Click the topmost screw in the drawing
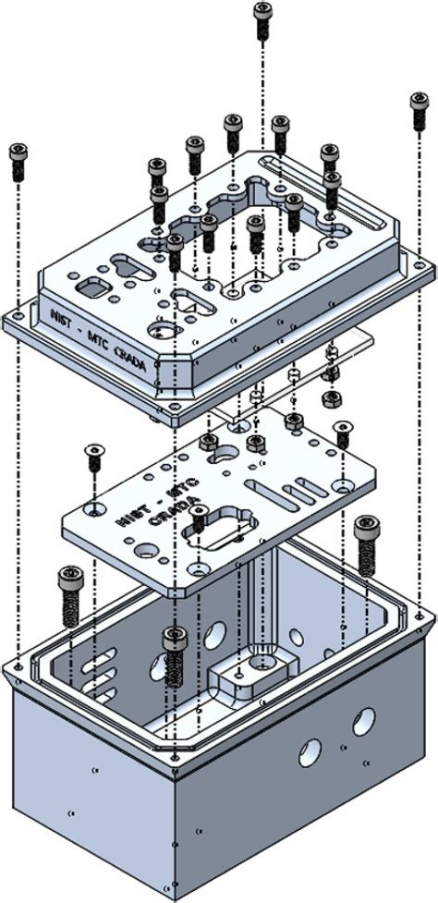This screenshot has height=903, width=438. pos(262,18)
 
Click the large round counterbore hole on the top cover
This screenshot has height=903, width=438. pos(163,330)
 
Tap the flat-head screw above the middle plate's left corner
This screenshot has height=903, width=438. pos(92,455)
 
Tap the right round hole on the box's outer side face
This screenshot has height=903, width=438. pos(364,718)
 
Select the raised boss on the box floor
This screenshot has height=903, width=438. pos(248,673)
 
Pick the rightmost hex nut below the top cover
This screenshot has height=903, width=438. pos(327,398)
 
